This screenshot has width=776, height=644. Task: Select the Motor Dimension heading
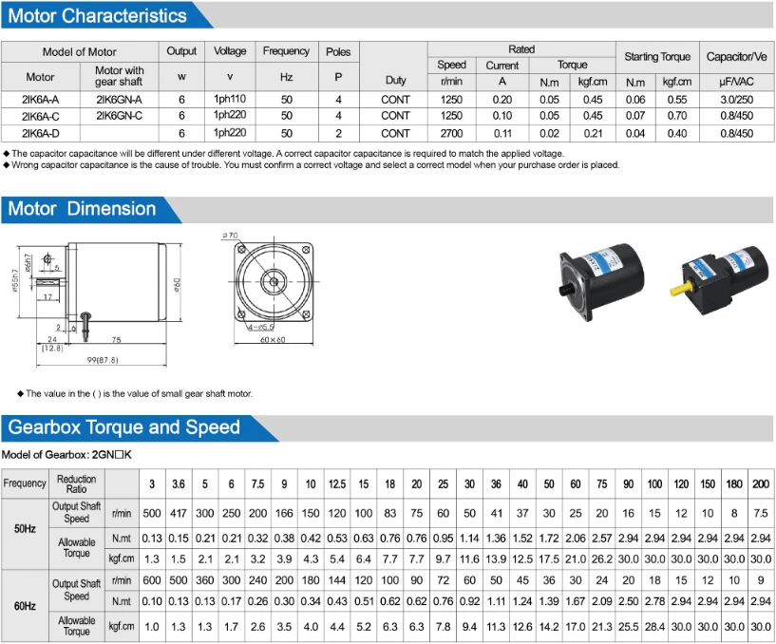(x=82, y=209)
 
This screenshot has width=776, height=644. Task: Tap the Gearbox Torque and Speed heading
(x=124, y=427)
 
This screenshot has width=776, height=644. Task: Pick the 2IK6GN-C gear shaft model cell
(x=119, y=116)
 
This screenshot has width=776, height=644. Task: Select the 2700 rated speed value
(x=452, y=134)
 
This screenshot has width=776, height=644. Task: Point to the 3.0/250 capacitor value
(x=737, y=99)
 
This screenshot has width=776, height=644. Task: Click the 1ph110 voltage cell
(x=230, y=99)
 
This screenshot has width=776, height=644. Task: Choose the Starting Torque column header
(x=657, y=57)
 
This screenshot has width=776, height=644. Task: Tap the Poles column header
(x=338, y=51)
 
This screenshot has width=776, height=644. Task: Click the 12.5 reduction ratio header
(x=336, y=483)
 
